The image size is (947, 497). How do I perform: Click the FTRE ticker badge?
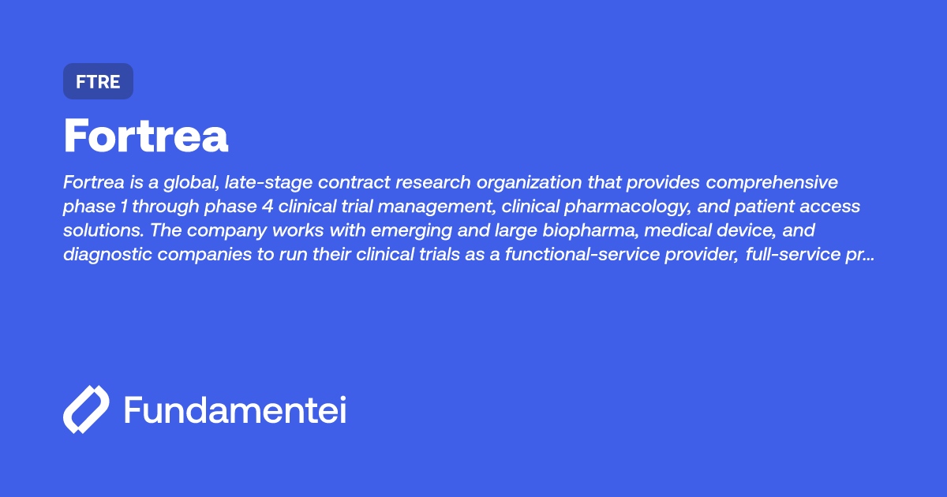coord(98,81)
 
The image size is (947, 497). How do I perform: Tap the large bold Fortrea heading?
coord(146,136)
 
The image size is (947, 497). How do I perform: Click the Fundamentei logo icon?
coord(86,409)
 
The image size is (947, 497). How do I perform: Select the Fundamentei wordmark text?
coord(235,410)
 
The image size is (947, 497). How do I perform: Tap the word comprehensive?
coord(772,183)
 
